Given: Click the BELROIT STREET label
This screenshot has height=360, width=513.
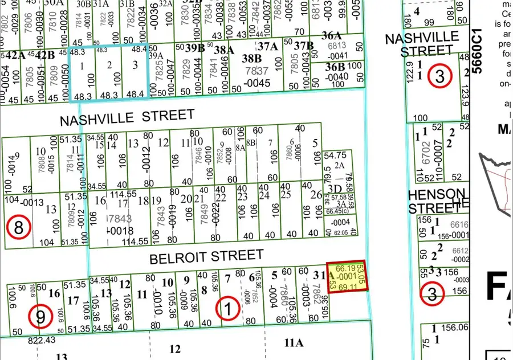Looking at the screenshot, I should tap(206, 257).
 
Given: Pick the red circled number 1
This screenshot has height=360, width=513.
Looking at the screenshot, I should tap(229, 309).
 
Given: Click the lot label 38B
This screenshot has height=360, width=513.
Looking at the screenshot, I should tap(251, 58).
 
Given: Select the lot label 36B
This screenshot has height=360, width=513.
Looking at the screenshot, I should tap(335, 66).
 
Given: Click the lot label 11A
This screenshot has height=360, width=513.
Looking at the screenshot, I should tap(295, 342).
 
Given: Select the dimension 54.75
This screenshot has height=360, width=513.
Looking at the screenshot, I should tap(335, 155).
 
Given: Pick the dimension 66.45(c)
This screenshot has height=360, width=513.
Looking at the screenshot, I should tap(337, 211).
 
